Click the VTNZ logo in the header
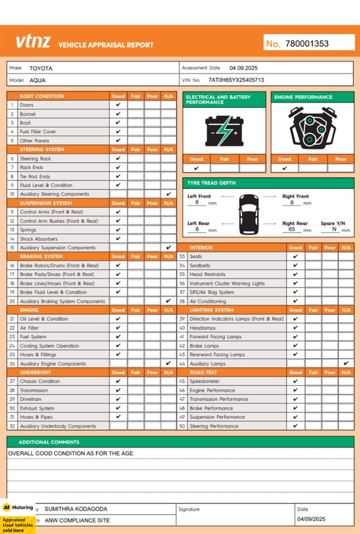(x=33, y=42)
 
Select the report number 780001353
(x=307, y=43)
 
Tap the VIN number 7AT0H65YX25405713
(x=236, y=80)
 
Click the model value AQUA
(x=38, y=80)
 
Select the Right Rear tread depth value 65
(x=292, y=229)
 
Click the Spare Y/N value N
(x=334, y=229)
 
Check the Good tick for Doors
(x=118, y=105)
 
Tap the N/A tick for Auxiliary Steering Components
(x=169, y=194)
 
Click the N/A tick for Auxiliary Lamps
(x=346, y=363)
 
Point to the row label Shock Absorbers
(x=38, y=239)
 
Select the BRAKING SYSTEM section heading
(x=41, y=256)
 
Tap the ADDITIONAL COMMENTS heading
(x=49, y=442)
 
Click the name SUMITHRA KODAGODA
(x=76, y=509)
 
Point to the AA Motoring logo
(x=18, y=507)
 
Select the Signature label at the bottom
(x=189, y=509)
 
